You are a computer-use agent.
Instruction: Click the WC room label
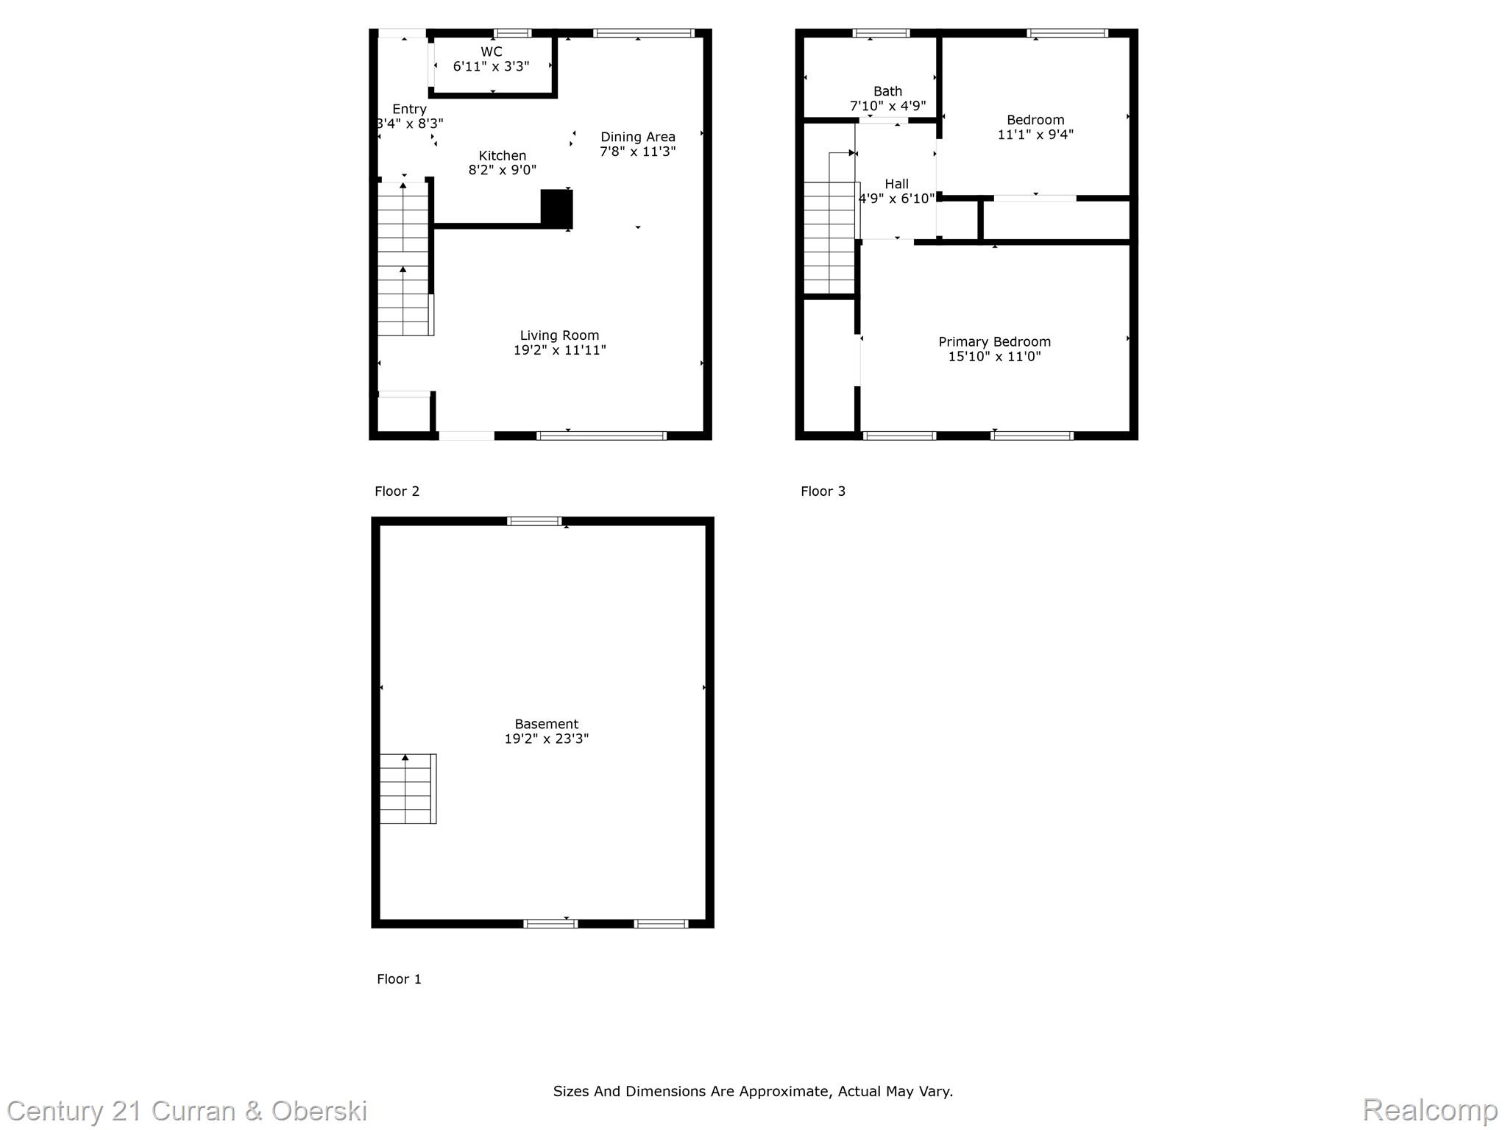click(x=492, y=51)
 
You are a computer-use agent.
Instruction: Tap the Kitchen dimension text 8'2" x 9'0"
click(x=503, y=170)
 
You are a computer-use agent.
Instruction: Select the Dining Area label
click(x=638, y=137)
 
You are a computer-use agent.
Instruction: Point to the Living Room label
click(x=560, y=335)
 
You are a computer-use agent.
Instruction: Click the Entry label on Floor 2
click(x=409, y=109)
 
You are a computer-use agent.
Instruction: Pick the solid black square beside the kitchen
click(x=557, y=207)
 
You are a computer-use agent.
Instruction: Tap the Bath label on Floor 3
click(x=888, y=91)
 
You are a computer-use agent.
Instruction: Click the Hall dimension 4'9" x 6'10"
click(x=897, y=199)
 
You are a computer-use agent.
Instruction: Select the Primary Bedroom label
click(x=995, y=342)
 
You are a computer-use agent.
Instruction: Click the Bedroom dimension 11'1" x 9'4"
click(x=1036, y=135)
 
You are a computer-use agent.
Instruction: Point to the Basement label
click(x=547, y=724)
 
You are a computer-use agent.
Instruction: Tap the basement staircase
click(x=408, y=789)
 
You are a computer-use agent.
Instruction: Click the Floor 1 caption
click(x=400, y=978)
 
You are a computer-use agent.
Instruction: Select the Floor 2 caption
click(x=397, y=491)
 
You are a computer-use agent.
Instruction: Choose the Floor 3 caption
click(x=823, y=491)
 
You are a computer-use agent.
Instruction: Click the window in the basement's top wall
click(x=535, y=522)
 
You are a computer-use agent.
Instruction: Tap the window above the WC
click(x=513, y=33)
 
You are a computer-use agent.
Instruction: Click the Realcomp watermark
click(x=1430, y=1109)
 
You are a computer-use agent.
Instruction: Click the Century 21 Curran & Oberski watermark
click(x=187, y=1111)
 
